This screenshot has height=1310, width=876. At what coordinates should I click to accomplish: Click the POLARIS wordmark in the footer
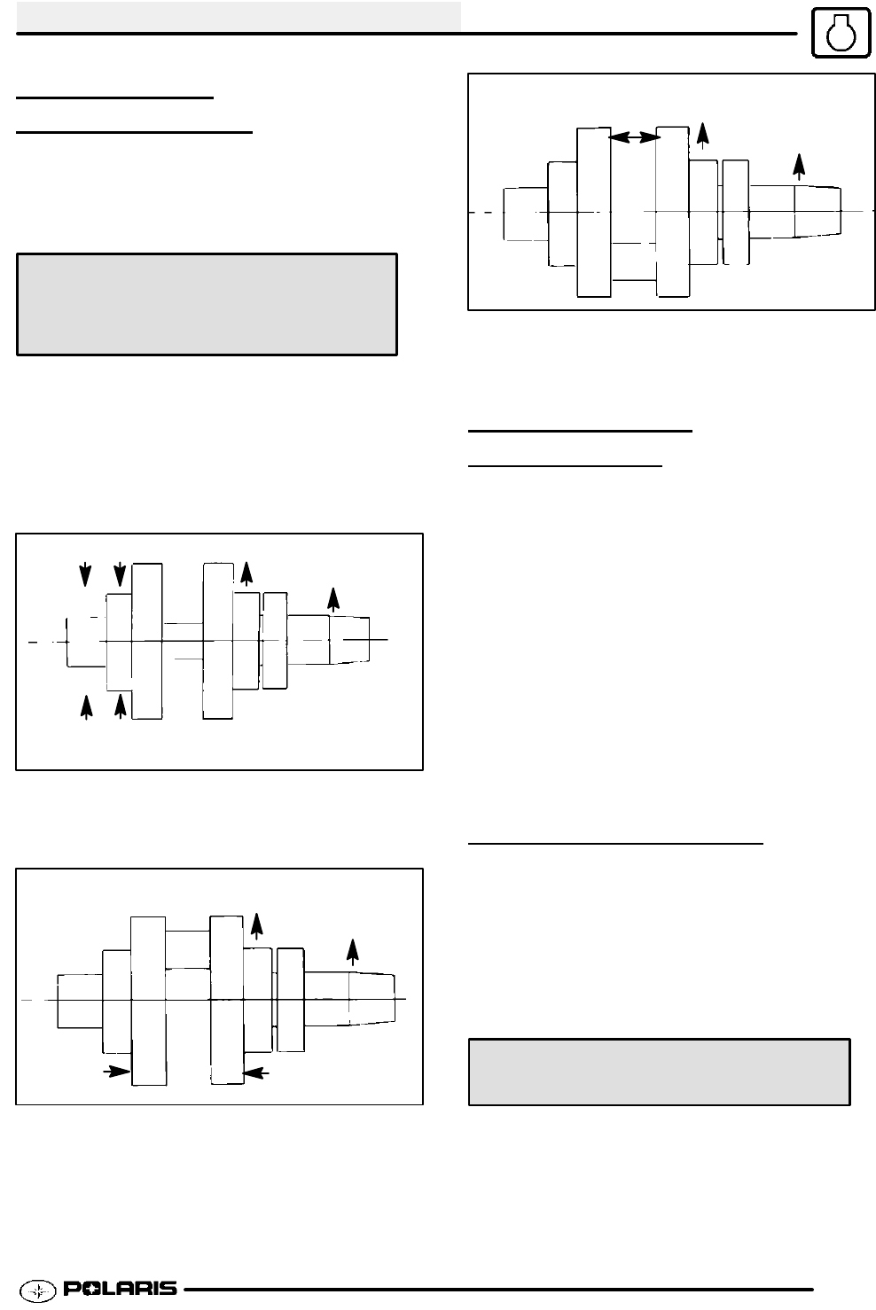pos(120,1288)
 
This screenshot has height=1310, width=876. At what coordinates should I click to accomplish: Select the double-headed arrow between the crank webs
pos(634,136)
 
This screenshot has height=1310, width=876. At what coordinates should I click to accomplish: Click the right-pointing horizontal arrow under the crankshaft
pos(114,1072)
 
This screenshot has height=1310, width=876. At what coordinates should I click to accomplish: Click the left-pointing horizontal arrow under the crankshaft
pos(258,1072)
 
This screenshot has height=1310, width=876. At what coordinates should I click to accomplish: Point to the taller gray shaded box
pos(207,305)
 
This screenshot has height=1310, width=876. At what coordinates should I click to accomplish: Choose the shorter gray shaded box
pos(659,1072)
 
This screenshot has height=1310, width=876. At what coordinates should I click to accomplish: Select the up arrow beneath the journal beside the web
pos(120,706)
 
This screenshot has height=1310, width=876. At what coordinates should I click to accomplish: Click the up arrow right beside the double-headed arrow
pos(703,134)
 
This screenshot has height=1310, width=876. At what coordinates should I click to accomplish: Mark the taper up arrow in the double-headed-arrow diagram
pos(799,167)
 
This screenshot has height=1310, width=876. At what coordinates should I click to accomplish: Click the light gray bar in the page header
pos(239,15)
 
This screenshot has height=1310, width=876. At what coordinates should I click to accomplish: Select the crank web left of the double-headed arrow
pos(593,212)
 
